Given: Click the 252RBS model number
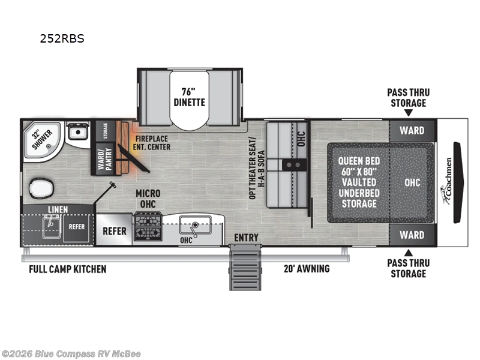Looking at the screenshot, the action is pyautogui.click(x=62, y=38).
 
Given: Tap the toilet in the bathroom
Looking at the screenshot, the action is pyautogui.click(x=41, y=187).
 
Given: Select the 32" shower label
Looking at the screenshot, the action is pyautogui.click(x=41, y=139).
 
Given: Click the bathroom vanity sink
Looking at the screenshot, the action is pyautogui.click(x=78, y=131).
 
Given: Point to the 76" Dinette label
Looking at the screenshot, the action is pyautogui.click(x=189, y=97).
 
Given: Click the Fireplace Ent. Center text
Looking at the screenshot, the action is pyautogui.click(x=152, y=143).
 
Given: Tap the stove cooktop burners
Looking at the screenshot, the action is pyautogui.click(x=148, y=226).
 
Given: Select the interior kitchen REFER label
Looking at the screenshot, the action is pyautogui.click(x=115, y=231).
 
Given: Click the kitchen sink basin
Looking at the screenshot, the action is pyautogui.click(x=196, y=225).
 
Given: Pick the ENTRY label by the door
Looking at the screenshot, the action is pyautogui.click(x=246, y=238).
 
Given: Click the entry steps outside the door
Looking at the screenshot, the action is pyautogui.click(x=245, y=267).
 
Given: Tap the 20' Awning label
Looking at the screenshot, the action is pyautogui.click(x=307, y=268).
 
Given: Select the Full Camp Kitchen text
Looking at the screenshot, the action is pyautogui.click(x=68, y=269).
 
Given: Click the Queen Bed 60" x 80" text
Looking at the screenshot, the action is pyautogui.click(x=359, y=166).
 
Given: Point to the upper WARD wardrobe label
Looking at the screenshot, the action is pyautogui.click(x=412, y=130).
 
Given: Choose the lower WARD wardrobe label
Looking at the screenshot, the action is pyautogui.click(x=412, y=235).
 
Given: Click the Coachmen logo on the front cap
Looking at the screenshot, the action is pyautogui.click(x=447, y=181).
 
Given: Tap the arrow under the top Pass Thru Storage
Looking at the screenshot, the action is pyautogui.click(x=409, y=113).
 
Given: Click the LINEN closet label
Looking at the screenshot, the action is pyautogui.click(x=58, y=209).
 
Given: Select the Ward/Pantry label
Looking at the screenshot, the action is pyautogui.click(x=104, y=159).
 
